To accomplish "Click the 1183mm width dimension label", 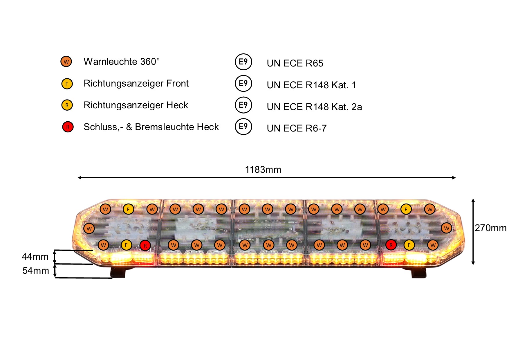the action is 263,170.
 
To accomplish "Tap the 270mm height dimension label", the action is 491,228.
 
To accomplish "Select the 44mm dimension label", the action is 35,257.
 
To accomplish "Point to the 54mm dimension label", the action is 36,271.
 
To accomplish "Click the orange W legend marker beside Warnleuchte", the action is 66,62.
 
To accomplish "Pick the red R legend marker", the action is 68,127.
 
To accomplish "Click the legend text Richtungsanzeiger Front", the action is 136,83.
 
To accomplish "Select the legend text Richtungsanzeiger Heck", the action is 136,105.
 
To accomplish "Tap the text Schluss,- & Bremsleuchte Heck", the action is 151,127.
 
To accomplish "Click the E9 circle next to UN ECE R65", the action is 243,62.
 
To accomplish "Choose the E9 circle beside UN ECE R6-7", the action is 243,127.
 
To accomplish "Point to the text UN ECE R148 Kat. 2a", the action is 314,107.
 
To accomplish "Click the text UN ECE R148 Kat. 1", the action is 311,85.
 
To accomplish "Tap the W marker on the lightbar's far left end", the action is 89,228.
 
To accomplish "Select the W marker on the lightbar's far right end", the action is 447,228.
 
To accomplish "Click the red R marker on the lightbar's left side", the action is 145,245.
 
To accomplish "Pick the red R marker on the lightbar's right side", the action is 391,245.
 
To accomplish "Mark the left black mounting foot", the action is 118,272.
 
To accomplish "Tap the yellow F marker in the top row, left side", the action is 128,209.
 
